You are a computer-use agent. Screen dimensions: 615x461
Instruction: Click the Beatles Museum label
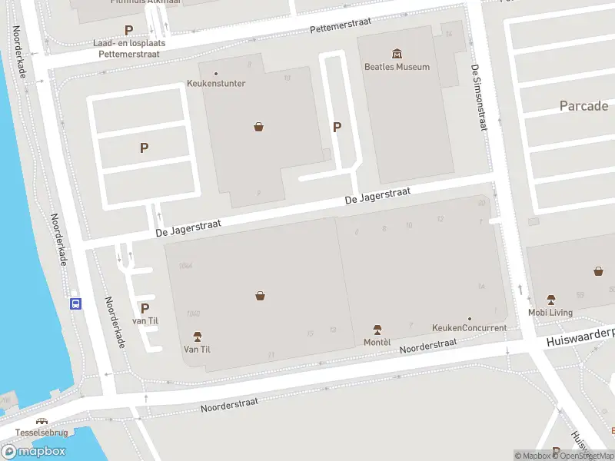pyautogui.click(x=397, y=67)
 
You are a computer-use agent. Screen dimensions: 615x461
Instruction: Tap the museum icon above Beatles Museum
pyautogui.click(x=397, y=54)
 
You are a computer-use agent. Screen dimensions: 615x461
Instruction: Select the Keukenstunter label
pyautogui.click(x=216, y=83)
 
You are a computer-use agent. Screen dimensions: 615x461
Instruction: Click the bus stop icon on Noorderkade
pyautogui.click(x=76, y=303)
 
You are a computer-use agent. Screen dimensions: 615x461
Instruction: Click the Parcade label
pyautogui.click(x=584, y=106)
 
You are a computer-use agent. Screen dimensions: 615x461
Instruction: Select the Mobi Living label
pyautogui.click(x=550, y=312)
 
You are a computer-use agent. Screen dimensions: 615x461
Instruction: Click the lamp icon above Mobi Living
pyautogui.click(x=550, y=300)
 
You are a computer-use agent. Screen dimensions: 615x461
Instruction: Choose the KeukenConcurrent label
pyautogui.click(x=469, y=328)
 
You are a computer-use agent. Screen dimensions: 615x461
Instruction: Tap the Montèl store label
pyautogui.click(x=377, y=341)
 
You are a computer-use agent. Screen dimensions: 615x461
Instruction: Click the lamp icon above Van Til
pyautogui.click(x=197, y=337)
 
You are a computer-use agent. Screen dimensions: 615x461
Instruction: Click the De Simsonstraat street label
pyautogui.click(x=478, y=98)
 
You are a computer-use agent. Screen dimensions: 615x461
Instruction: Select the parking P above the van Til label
pyautogui.click(x=145, y=308)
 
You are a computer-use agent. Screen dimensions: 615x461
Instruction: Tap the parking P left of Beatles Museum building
pyautogui.click(x=336, y=128)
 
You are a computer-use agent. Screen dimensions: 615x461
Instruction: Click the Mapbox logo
pyautogui.click(x=33, y=451)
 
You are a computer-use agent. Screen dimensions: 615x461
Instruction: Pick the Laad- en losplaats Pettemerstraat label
pyautogui.click(x=129, y=48)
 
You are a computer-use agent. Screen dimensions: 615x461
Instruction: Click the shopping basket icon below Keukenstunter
pyautogui.click(x=259, y=127)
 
